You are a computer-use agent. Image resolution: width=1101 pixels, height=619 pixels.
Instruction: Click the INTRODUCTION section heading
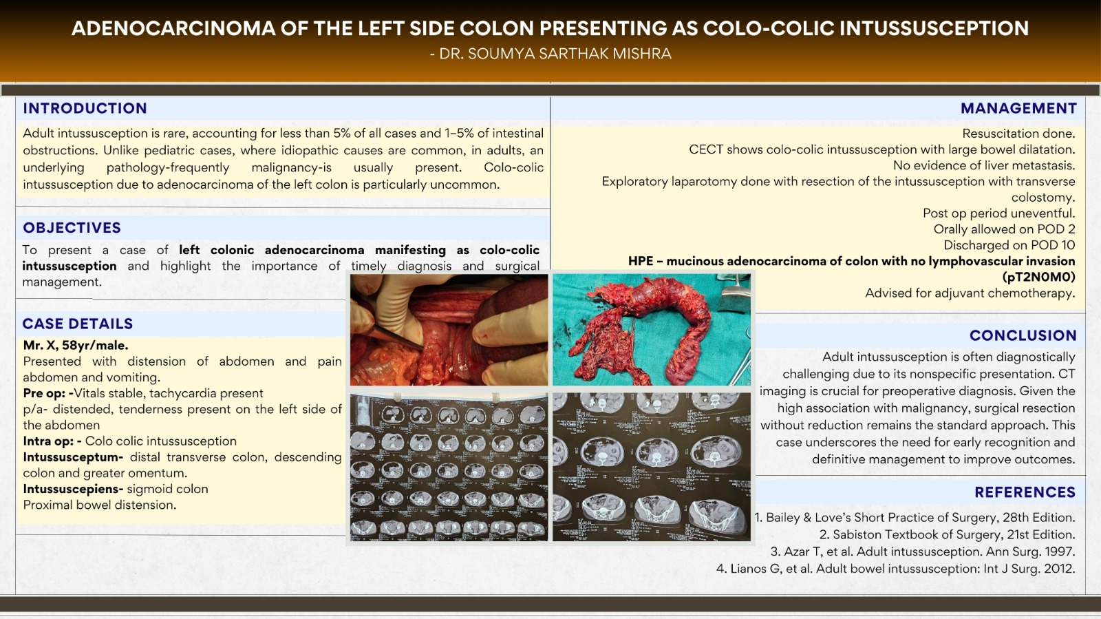(85, 108)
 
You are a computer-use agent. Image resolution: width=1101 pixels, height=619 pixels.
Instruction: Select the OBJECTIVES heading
(72, 228)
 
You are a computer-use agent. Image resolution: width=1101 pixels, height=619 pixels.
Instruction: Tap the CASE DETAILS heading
(77, 324)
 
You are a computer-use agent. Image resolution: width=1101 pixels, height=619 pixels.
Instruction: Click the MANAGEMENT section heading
(1018, 108)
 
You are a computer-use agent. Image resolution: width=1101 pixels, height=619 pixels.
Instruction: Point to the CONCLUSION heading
(1023, 335)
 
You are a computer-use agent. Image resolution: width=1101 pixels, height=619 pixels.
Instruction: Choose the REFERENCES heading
(1025, 492)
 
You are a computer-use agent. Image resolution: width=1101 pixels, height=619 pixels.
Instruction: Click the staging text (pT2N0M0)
(1038, 277)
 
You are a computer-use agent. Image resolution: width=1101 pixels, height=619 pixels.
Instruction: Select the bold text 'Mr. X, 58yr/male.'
(76, 346)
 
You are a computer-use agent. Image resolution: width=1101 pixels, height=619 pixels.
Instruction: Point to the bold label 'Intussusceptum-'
(73, 457)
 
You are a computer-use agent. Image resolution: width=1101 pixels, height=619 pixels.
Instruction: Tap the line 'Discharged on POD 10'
(1009, 245)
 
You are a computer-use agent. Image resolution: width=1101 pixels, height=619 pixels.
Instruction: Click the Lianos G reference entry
(895, 569)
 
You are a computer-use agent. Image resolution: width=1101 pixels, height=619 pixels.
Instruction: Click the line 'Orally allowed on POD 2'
(1003, 229)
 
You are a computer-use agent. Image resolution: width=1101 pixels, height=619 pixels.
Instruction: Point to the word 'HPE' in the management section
(640, 261)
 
